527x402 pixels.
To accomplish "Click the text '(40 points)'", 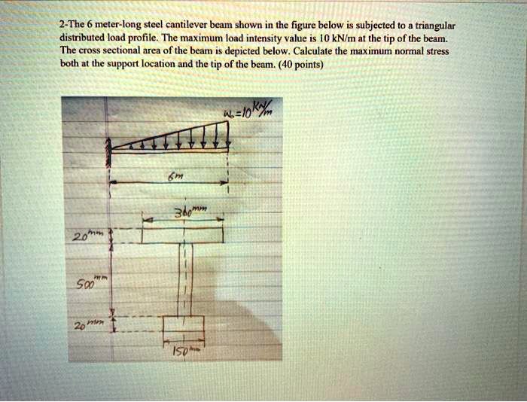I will point(300,65).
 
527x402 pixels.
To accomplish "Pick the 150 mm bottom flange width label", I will point(183,351).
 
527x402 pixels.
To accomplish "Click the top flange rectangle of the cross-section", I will point(182,236).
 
